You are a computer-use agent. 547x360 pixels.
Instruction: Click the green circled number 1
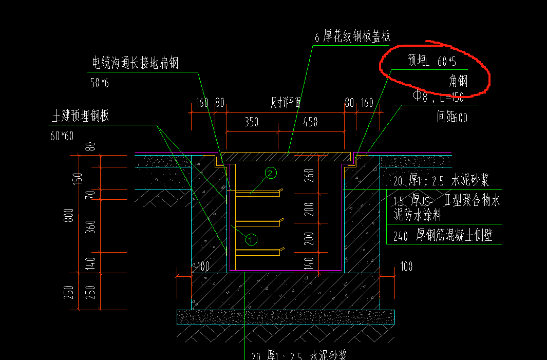251,239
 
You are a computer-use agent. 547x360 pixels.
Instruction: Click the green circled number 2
271,173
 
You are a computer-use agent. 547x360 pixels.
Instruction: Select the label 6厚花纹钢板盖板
352,36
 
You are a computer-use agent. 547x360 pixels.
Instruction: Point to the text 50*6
100,83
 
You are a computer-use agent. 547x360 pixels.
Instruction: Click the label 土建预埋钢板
80,116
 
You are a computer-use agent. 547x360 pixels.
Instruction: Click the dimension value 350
251,122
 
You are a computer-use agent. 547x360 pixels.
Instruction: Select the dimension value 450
310,122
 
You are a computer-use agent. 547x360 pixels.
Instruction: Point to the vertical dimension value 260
309,176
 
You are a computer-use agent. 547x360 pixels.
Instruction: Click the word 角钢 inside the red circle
458,81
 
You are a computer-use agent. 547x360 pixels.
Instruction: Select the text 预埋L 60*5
431,62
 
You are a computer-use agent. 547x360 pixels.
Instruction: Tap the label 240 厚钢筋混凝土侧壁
443,236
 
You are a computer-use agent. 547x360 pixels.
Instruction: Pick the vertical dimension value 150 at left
79,178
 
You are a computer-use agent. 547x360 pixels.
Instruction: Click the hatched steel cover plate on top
286,155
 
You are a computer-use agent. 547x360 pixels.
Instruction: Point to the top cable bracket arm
257,193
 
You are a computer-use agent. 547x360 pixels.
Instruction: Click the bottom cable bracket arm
257,252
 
